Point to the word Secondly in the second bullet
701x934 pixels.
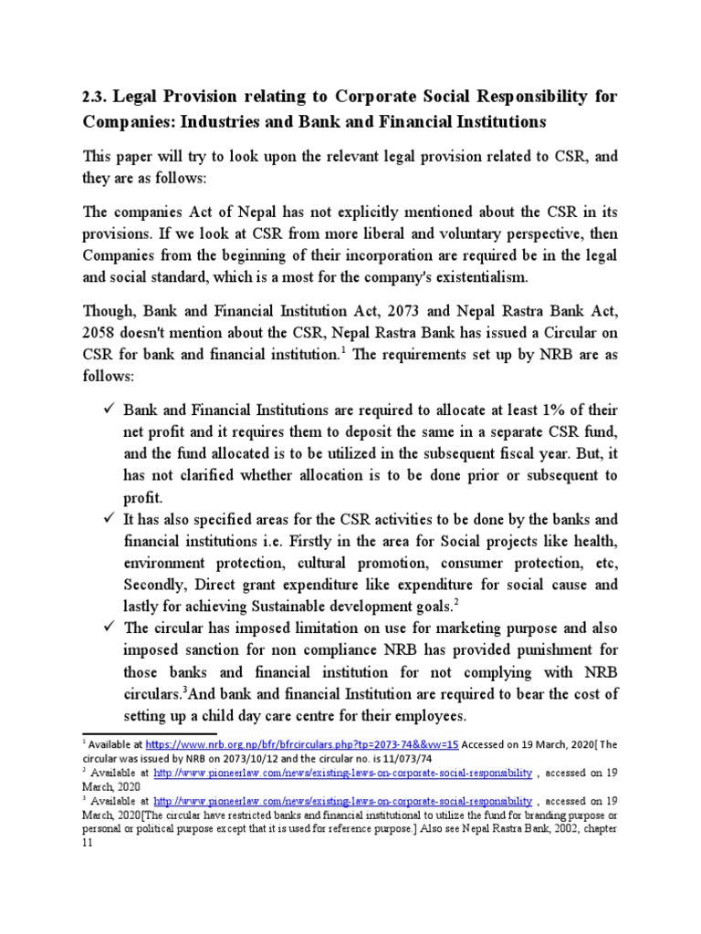[x=159, y=585]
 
